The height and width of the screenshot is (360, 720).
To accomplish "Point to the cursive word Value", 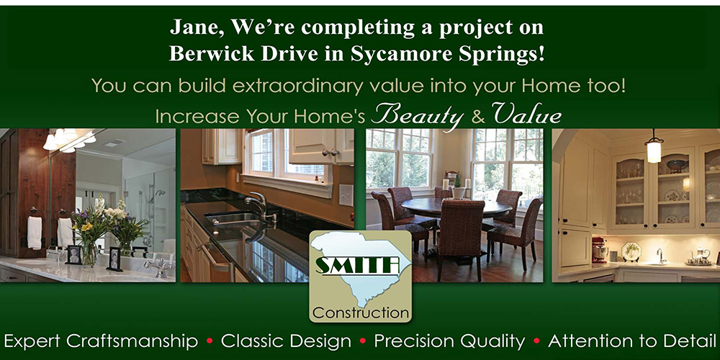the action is (x=526, y=114).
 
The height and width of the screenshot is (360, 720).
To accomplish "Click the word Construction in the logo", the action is (x=361, y=314).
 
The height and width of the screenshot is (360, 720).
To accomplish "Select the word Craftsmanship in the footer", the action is (x=132, y=342).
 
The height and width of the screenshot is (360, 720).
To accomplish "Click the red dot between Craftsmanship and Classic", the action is (x=210, y=341).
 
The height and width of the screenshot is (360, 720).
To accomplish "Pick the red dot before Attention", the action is (x=536, y=341).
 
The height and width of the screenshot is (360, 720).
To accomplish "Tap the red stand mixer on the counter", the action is (x=599, y=250).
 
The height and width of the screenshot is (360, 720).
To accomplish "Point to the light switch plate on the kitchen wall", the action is (x=346, y=195).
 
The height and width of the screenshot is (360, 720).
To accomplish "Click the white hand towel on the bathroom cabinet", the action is (x=35, y=233).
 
